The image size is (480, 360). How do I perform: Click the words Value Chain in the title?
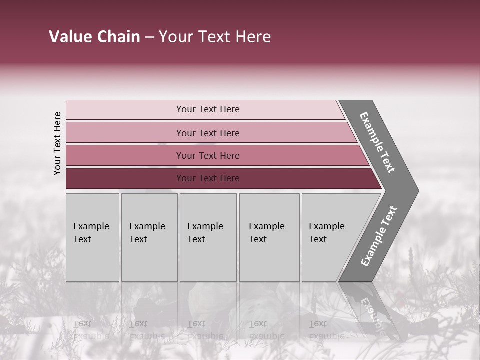coord(94,37)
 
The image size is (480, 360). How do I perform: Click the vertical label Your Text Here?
coord(57,143)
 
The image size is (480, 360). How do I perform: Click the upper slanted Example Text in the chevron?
coord(377,142)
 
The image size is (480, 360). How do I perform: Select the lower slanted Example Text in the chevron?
coord(378,236)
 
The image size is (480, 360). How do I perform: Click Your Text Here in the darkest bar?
coord(208,178)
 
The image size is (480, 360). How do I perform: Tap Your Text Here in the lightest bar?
coord(208,109)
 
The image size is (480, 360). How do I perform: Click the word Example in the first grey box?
coord(91,226)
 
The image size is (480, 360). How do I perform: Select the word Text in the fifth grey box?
coord(317,239)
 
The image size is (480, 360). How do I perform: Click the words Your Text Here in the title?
coord(215,37)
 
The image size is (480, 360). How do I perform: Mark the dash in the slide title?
coord(149,37)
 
